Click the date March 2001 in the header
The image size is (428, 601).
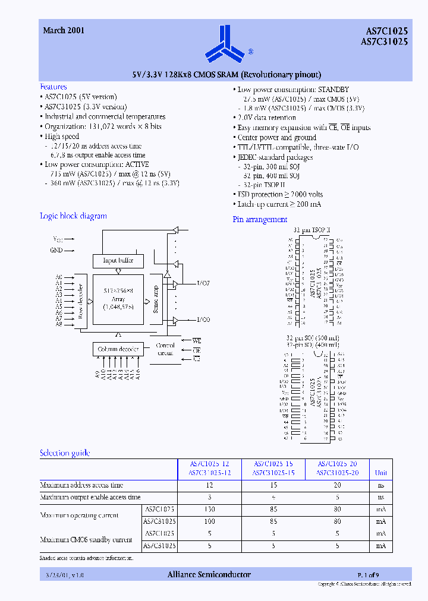click(x=64, y=30)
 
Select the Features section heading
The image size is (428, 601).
click(x=53, y=87)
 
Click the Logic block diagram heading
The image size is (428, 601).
click(x=73, y=216)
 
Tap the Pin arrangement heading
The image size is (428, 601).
click(x=260, y=220)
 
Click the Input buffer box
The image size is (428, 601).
click(x=118, y=260)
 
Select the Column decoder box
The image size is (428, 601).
click(x=118, y=349)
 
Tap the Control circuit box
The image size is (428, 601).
click(x=165, y=349)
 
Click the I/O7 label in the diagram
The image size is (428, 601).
click(x=203, y=283)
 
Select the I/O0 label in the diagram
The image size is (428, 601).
click(x=203, y=320)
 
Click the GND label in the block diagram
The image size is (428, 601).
click(x=56, y=250)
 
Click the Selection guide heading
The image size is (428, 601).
click(x=65, y=453)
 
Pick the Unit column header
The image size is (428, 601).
click(x=380, y=473)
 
